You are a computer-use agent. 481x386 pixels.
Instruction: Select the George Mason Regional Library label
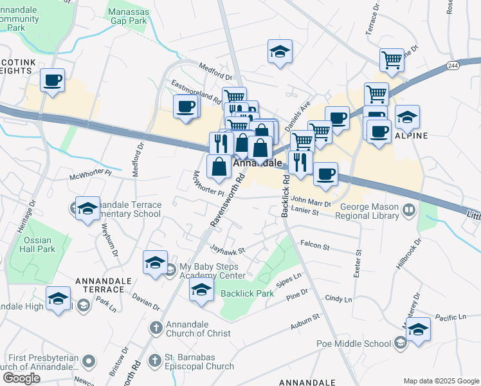[369, 212]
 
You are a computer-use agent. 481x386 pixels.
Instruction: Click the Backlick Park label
[247, 293]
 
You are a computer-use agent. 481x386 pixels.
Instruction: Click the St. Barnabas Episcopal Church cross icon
[155, 360]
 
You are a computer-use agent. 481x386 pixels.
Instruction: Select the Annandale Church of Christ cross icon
[155, 327]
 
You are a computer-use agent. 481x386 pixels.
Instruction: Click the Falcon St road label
[314, 246]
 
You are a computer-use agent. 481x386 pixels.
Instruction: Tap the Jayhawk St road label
[228, 250]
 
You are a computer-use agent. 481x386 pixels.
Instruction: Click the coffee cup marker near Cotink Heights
[52, 81]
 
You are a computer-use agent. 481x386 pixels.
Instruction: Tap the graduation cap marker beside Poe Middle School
[418, 330]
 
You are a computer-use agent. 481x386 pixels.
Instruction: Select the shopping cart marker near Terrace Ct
[392, 60]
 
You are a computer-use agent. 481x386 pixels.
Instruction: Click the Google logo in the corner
[21, 378]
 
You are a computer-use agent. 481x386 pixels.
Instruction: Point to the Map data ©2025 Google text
[440, 381]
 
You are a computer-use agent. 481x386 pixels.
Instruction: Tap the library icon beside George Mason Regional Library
[408, 210]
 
